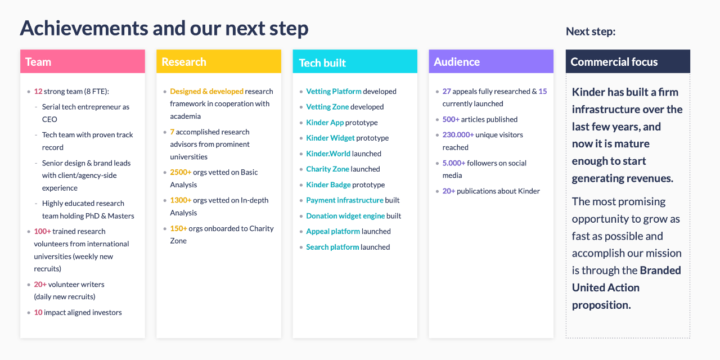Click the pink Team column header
(83, 61)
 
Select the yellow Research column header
(219, 61)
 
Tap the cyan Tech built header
(355, 61)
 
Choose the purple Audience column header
(491, 61)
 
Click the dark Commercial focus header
(628, 61)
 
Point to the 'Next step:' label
(591, 31)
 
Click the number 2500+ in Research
(181, 172)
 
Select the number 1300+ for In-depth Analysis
(181, 200)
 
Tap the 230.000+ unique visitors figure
(458, 134)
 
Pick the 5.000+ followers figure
(454, 163)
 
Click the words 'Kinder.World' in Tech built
(328, 154)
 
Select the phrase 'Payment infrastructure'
(345, 200)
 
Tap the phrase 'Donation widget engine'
(345, 215)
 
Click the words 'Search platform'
(332, 247)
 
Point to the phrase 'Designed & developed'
(206, 91)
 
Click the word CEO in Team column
(49, 119)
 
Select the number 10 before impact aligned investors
(38, 312)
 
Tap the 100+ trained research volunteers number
(42, 231)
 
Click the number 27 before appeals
(447, 91)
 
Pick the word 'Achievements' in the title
(84, 28)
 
